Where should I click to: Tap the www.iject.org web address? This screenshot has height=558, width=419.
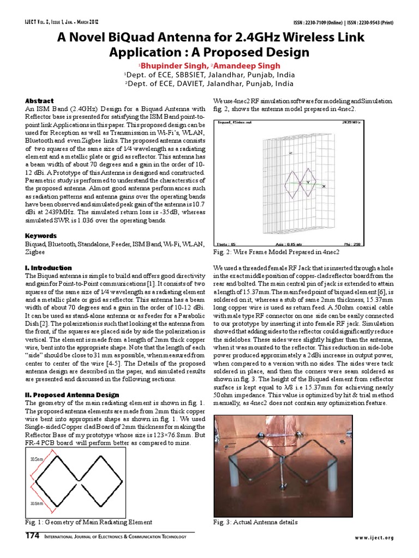374,538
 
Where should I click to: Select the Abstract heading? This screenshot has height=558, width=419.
39,101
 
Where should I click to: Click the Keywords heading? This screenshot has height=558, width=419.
41,236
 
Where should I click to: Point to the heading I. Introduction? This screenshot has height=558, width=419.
49,268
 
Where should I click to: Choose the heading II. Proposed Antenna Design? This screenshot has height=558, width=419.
73,395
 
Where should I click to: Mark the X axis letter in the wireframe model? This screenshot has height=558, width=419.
324,187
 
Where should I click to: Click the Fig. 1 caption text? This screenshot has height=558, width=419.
89,522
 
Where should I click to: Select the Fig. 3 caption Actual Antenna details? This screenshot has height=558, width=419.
255,522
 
